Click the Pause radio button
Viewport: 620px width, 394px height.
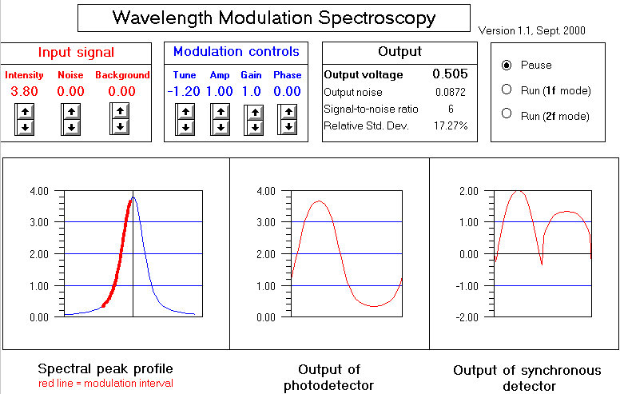506,65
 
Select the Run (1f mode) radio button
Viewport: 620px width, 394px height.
506,90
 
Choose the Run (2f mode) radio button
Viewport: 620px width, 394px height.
506,114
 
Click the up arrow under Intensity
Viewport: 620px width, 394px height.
25,112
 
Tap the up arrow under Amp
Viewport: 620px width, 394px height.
219,112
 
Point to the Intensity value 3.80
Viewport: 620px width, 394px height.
24,91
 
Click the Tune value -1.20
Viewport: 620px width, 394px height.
184,91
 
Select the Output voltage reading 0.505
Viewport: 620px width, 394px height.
450,74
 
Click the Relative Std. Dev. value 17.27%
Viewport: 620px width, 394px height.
450,125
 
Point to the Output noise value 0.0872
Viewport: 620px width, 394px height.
450,93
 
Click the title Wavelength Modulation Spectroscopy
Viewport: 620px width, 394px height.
274,18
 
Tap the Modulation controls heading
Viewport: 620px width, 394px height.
236,52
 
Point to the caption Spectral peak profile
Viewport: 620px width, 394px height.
105,369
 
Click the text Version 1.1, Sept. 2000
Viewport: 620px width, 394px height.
531,31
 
